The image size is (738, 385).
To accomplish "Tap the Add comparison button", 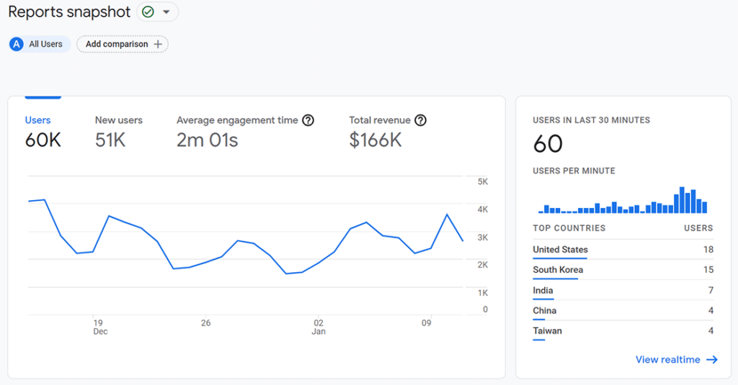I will pyautogui.click(x=122, y=44).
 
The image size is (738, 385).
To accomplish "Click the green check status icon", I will pyautogui.click(x=148, y=12).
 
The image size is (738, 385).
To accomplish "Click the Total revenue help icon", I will pyautogui.click(x=421, y=120).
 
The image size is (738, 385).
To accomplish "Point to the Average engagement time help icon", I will pyautogui.click(x=308, y=120).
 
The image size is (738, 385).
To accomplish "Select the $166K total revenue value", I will pyautogui.click(x=375, y=140).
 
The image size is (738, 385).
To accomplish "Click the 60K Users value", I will pyautogui.click(x=43, y=140).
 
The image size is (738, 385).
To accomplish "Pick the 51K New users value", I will pyautogui.click(x=110, y=140).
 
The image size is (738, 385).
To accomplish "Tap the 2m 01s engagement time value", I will pyautogui.click(x=207, y=140).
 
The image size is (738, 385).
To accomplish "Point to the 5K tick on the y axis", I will pyautogui.click(x=482, y=182).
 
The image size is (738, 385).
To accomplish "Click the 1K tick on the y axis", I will pyautogui.click(x=482, y=293).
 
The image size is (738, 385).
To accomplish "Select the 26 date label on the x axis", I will pyautogui.click(x=206, y=323).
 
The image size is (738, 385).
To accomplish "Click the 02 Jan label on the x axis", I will pyautogui.click(x=319, y=327).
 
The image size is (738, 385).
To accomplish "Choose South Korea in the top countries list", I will pyautogui.click(x=558, y=270).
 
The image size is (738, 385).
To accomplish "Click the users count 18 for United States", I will pyautogui.click(x=708, y=250).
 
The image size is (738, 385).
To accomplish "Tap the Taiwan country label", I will pyautogui.click(x=547, y=331).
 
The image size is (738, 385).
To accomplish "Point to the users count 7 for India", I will pyautogui.click(x=711, y=291).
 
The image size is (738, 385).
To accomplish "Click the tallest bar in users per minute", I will pyautogui.click(x=682, y=200).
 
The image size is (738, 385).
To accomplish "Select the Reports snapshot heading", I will pyautogui.click(x=69, y=12).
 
